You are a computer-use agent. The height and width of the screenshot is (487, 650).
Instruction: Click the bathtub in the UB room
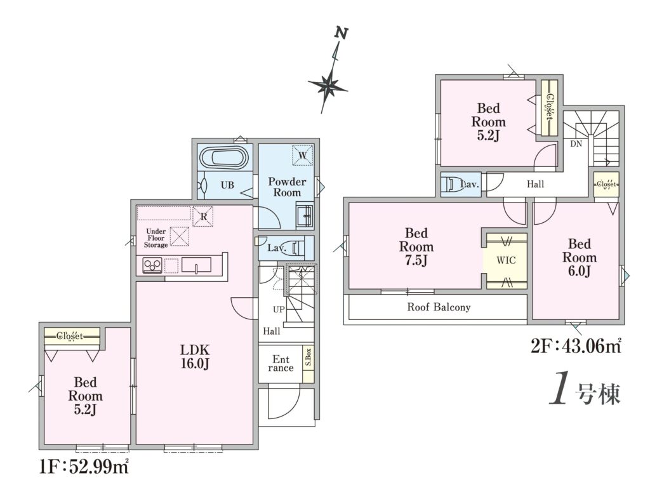pos(224,158)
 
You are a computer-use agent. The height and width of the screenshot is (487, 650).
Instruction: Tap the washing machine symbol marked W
pos(303,155)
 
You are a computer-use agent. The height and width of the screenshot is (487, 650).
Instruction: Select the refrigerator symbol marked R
pos(203,216)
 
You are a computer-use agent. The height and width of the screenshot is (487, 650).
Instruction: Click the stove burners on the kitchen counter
pos(152,265)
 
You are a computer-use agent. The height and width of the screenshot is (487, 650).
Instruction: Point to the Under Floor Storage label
pos(156,238)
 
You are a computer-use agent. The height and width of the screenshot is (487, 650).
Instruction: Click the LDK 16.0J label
pos(195,356)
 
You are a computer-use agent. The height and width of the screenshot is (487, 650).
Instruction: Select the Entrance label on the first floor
pos(281,363)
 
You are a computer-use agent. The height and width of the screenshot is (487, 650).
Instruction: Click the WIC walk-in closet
pos(506,260)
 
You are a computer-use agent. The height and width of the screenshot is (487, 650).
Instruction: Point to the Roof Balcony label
pos(439,307)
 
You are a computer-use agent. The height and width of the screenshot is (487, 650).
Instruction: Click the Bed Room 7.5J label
pos(416,246)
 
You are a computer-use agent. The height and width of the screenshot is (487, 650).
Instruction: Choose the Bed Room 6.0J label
pos(579,257)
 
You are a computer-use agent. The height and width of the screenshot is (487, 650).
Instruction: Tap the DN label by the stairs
pos(576,144)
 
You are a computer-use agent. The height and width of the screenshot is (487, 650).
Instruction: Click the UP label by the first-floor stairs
pos(279,309)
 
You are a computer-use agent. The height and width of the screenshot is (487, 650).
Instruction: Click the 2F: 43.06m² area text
pos(576,345)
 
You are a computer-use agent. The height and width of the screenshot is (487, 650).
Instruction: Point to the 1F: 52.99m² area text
pos(84,467)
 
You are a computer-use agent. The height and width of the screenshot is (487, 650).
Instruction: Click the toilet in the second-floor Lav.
pos(453,183)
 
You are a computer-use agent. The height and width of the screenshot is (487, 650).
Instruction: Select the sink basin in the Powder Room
pos(305,215)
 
